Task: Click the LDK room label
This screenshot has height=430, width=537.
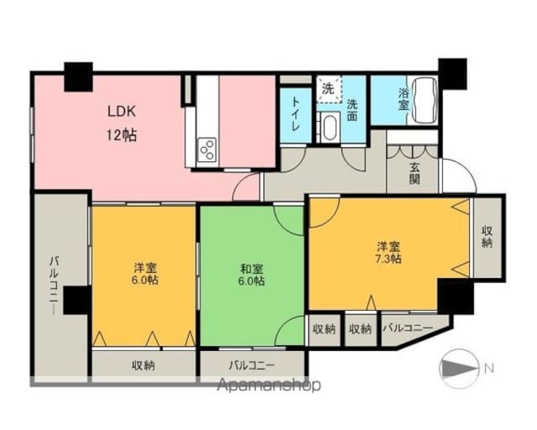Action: (x=122, y=112)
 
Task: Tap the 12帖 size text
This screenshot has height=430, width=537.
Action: (x=122, y=136)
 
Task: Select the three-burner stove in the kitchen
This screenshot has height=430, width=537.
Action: (x=207, y=149)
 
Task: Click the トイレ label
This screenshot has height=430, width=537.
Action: (x=295, y=113)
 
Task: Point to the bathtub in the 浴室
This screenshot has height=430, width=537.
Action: (x=425, y=100)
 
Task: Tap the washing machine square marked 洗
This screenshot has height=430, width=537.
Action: (x=328, y=89)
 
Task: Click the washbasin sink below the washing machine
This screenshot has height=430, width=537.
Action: (x=330, y=128)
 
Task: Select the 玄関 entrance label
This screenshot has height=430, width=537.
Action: (x=414, y=173)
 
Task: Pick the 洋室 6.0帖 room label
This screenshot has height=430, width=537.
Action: (x=145, y=273)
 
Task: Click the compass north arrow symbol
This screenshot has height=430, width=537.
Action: (x=459, y=369)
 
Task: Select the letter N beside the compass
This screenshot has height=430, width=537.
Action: (x=489, y=369)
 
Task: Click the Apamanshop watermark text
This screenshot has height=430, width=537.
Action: (x=269, y=385)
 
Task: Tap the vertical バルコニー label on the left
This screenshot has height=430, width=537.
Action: (x=54, y=286)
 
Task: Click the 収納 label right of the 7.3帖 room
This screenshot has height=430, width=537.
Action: (x=487, y=236)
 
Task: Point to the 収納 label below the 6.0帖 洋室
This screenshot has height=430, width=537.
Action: (x=143, y=365)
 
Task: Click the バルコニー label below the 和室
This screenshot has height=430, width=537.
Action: (x=252, y=365)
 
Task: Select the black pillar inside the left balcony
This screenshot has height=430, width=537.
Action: (x=77, y=300)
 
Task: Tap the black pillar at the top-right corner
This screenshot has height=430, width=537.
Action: (x=453, y=74)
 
